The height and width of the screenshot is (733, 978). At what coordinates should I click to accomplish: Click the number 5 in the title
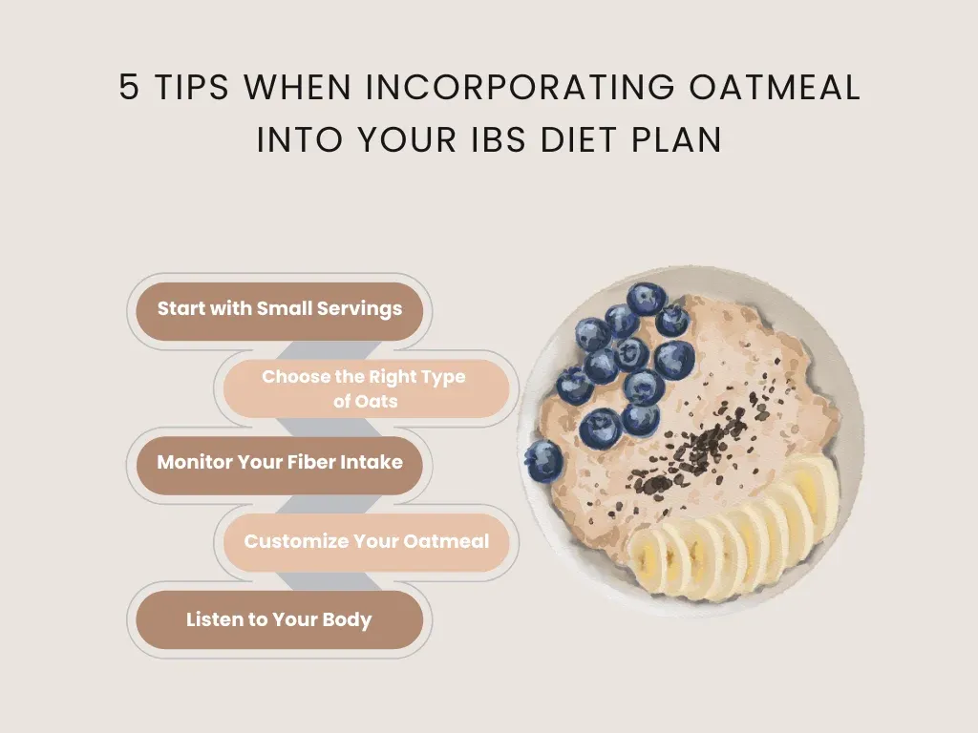tap(129, 88)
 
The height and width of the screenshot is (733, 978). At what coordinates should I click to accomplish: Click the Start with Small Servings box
tap(279, 309)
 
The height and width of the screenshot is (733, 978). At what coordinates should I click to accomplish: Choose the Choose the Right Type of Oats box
tap(365, 388)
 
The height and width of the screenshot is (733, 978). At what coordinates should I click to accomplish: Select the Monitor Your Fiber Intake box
tap(279, 463)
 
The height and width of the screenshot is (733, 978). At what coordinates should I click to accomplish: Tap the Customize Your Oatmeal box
tap(365, 541)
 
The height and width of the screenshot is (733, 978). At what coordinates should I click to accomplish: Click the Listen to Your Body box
tap(279, 619)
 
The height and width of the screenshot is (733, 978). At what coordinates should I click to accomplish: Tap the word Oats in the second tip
tap(377, 401)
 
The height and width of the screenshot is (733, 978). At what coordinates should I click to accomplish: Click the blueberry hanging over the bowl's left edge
tap(543, 460)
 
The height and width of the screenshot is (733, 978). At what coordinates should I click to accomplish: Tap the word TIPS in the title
tap(192, 88)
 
